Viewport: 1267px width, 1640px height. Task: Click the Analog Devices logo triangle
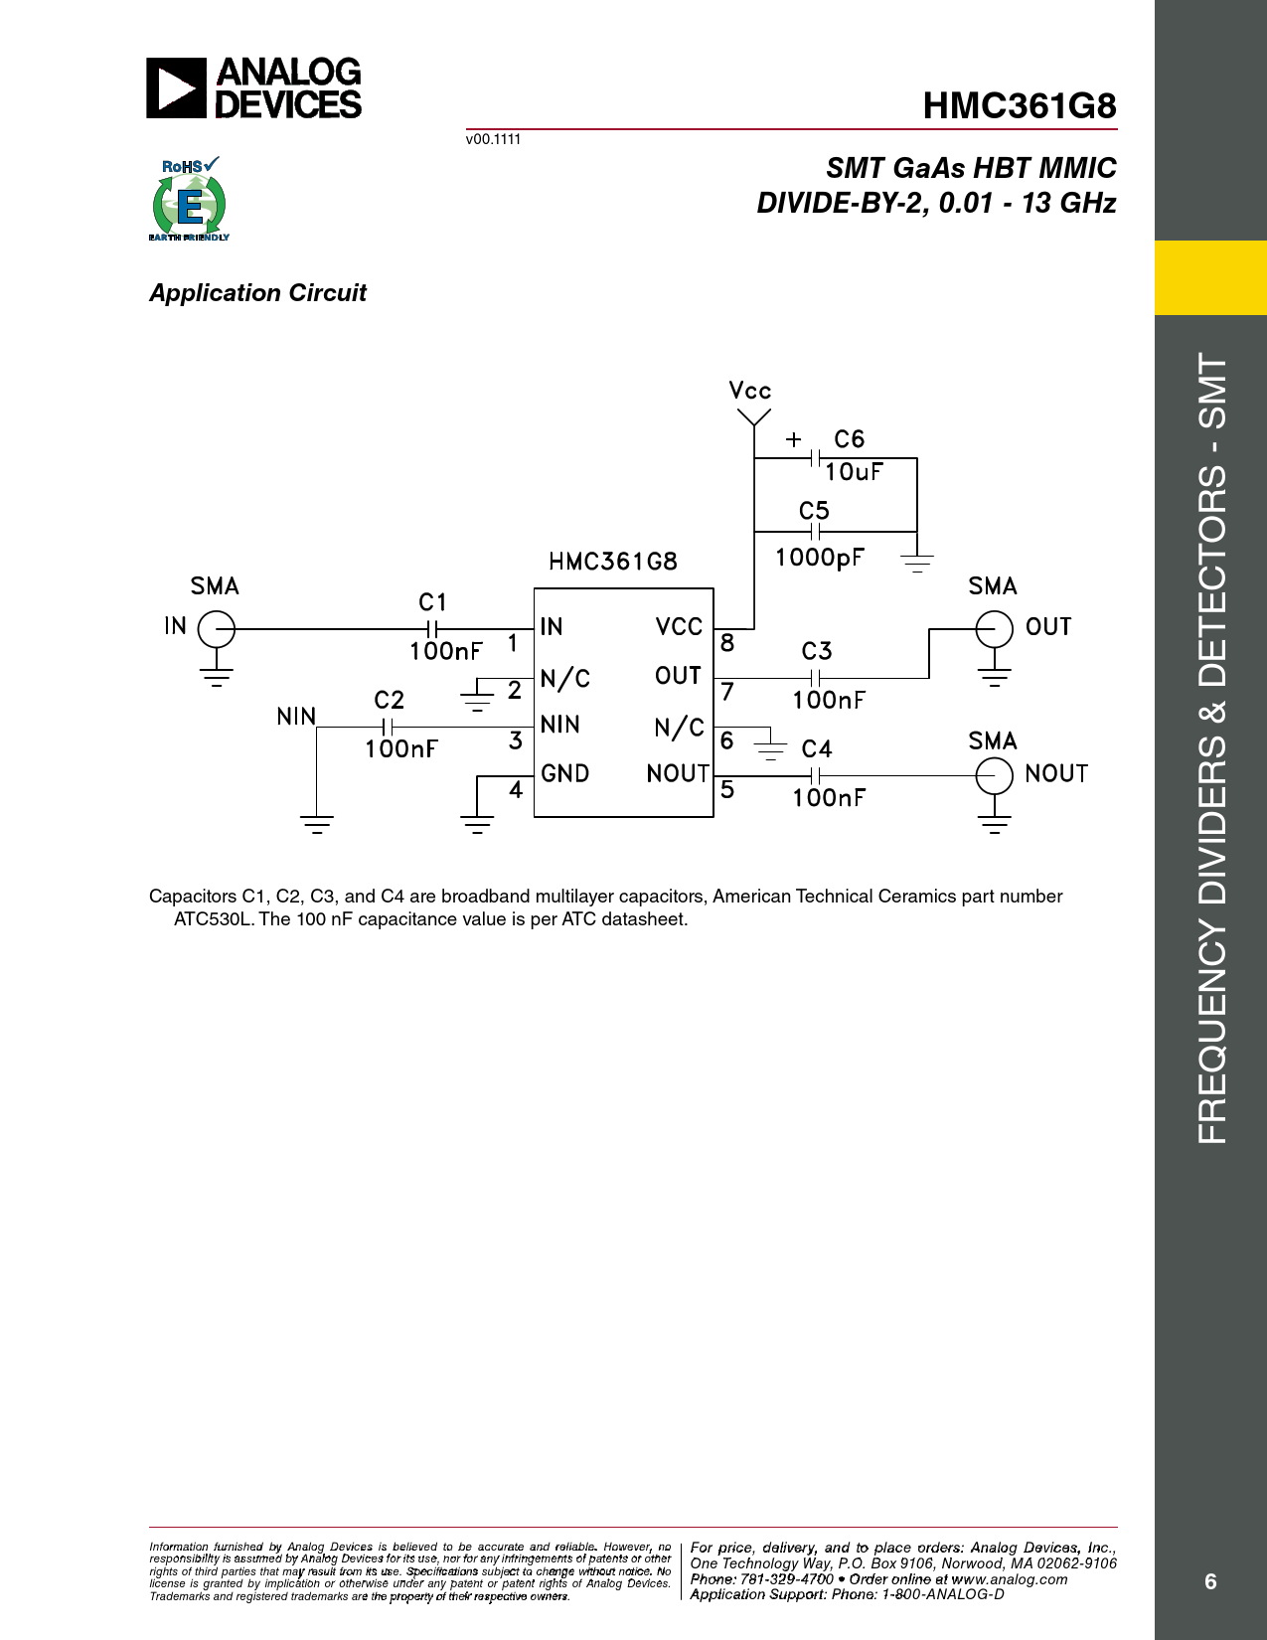point(176,88)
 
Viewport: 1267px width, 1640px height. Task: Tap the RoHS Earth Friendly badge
point(189,199)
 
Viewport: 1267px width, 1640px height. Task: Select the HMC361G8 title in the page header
point(1019,106)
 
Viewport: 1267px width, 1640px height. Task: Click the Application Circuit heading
point(257,293)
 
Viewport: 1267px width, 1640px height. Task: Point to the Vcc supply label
point(750,391)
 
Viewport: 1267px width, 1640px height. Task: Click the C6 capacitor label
point(849,438)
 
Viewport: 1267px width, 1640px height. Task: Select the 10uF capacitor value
point(854,472)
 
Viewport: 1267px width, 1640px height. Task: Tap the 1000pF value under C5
point(820,557)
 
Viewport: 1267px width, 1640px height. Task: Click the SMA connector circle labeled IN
point(217,629)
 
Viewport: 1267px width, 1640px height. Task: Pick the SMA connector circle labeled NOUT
point(994,776)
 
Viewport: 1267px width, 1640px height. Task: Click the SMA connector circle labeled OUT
point(994,629)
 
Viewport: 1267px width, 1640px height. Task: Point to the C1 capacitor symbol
point(431,629)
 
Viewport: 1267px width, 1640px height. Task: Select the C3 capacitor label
point(817,651)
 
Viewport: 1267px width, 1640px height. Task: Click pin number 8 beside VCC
point(726,642)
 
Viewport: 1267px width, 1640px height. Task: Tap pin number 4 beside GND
point(516,789)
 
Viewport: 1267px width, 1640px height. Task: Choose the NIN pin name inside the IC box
point(559,725)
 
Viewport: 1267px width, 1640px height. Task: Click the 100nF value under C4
point(829,798)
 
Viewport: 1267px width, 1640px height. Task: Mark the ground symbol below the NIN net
point(316,824)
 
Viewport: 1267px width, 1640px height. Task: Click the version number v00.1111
point(493,139)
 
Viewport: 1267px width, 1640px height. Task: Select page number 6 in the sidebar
point(1210,1581)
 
